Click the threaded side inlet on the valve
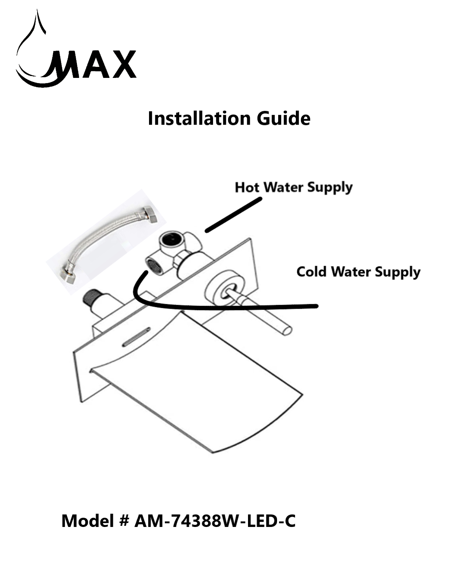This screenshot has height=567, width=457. (x=153, y=264)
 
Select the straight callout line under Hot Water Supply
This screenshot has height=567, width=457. (x=234, y=215)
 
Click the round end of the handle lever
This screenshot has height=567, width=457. (x=287, y=330)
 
